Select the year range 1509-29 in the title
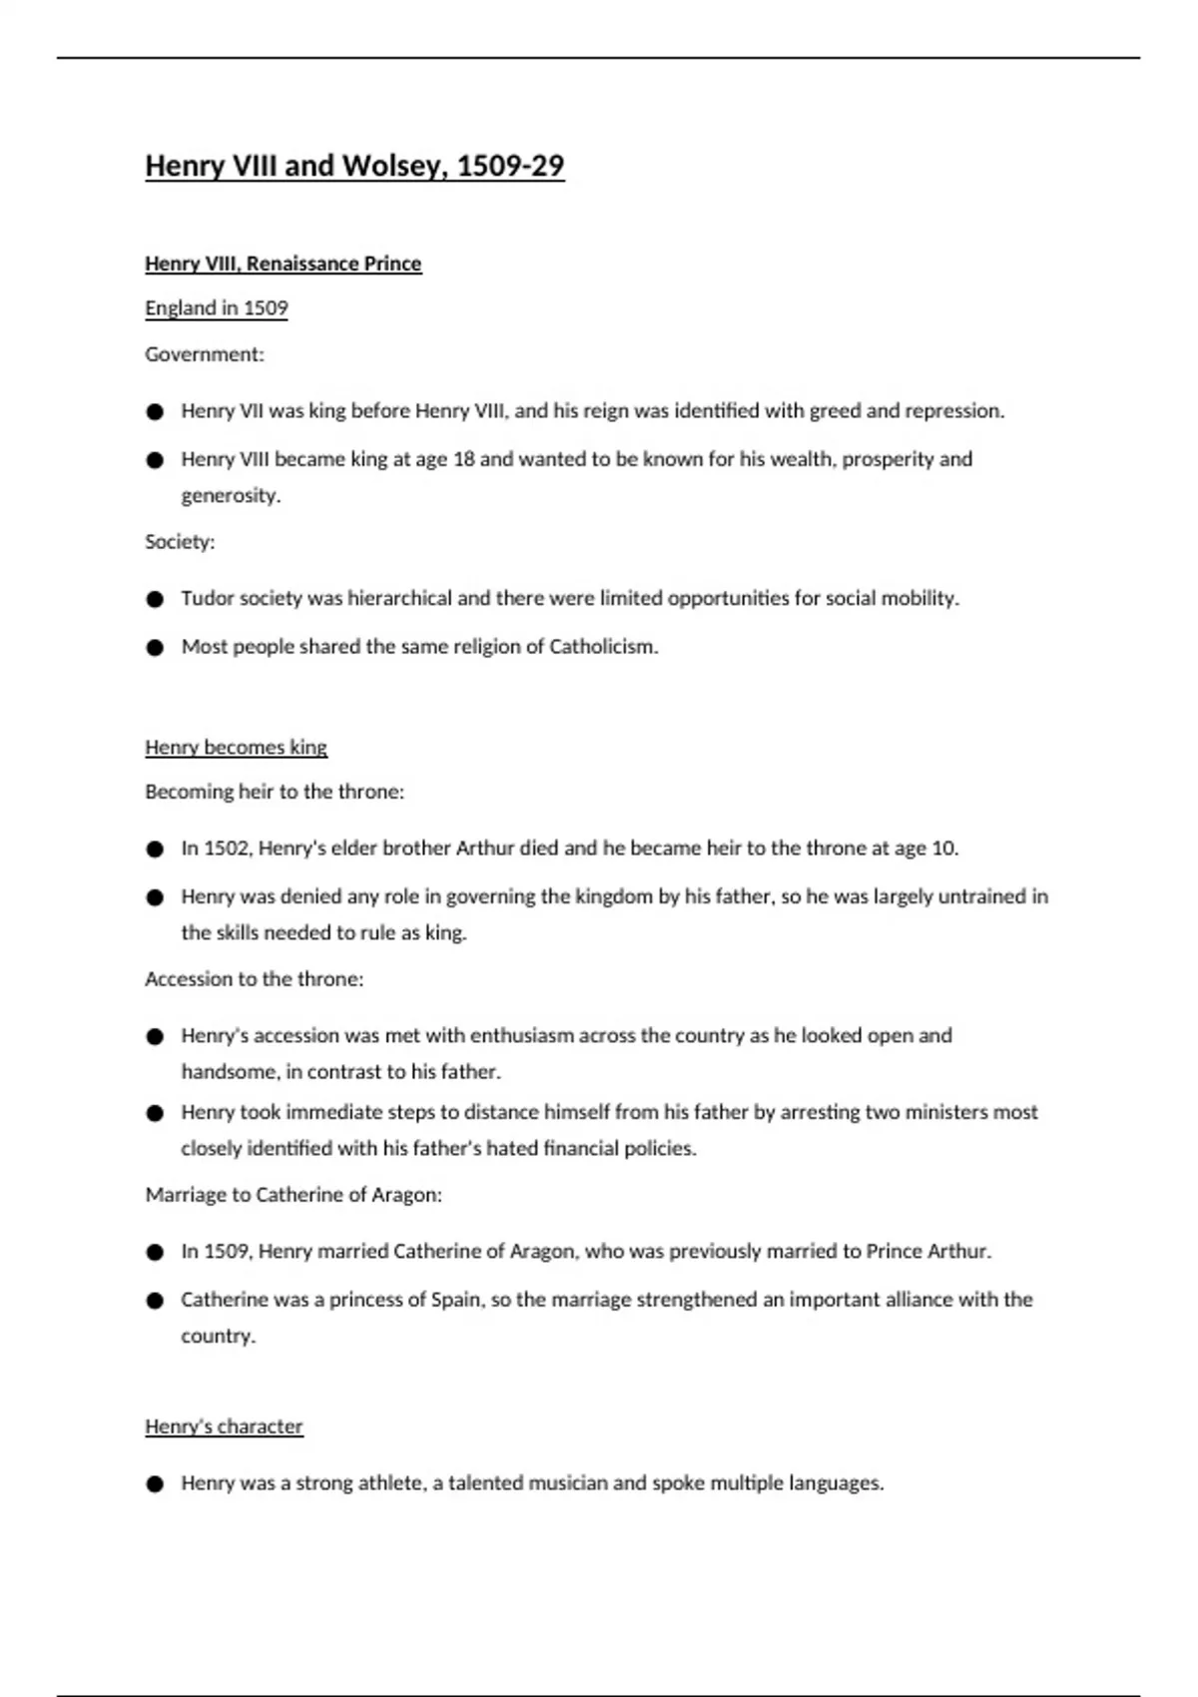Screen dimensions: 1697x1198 [x=510, y=166]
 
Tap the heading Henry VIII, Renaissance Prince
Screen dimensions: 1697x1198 [x=283, y=264]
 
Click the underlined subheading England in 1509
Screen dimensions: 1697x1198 [x=216, y=308]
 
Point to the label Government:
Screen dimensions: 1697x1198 [x=204, y=354]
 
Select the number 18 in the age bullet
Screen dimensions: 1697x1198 [x=463, y=459]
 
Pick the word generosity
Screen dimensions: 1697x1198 [x=230, y=496]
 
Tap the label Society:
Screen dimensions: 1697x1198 [x=180, y=542]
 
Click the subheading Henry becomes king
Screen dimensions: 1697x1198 [x=236, y=748]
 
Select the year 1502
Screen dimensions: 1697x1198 [x=227, y=848]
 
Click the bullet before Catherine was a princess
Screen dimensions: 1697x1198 [x=154, y=1301]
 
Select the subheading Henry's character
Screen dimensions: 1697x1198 [x=224, y=1426]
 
